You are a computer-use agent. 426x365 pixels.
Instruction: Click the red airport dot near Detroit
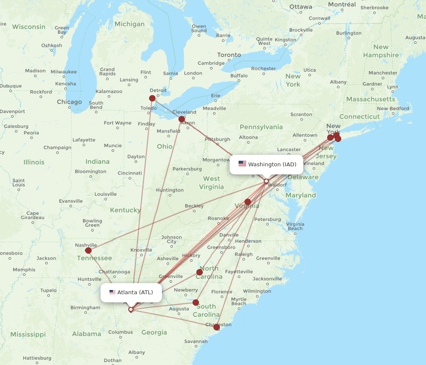pos(153,98)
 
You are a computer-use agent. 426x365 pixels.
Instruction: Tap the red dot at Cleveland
pos(182,119)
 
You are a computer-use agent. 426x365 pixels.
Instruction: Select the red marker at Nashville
pos(88,250)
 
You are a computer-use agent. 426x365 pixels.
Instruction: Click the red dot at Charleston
pos(217,327)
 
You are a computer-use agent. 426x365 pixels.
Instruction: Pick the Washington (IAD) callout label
pos(266,165)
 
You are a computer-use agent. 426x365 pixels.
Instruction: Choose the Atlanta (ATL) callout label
pos(131,293)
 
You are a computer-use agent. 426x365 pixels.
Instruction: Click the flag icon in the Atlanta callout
pos(112,292)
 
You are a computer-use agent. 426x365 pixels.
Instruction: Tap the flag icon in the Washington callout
pos(242,164)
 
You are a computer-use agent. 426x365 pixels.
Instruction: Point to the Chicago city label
pos(69,102)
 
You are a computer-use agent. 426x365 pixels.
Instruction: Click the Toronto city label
pos(229,55)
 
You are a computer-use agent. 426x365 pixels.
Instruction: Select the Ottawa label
pos(301,7)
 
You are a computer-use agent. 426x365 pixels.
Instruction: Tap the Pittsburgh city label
pos(217,139)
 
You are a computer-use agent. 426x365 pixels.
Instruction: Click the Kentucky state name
pos(125,210)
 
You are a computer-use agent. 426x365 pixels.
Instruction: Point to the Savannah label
pos(196,341)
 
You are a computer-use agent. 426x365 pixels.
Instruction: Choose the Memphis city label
pos(24,269)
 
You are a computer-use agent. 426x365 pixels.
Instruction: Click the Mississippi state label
pos(28,334)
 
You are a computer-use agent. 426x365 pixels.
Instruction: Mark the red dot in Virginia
pos(248,202)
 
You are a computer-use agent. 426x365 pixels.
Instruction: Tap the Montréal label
pos(342,5)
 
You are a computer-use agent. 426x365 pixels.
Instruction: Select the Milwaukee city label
pos(63,72)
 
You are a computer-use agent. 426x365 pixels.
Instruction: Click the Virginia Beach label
pos(295,226)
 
